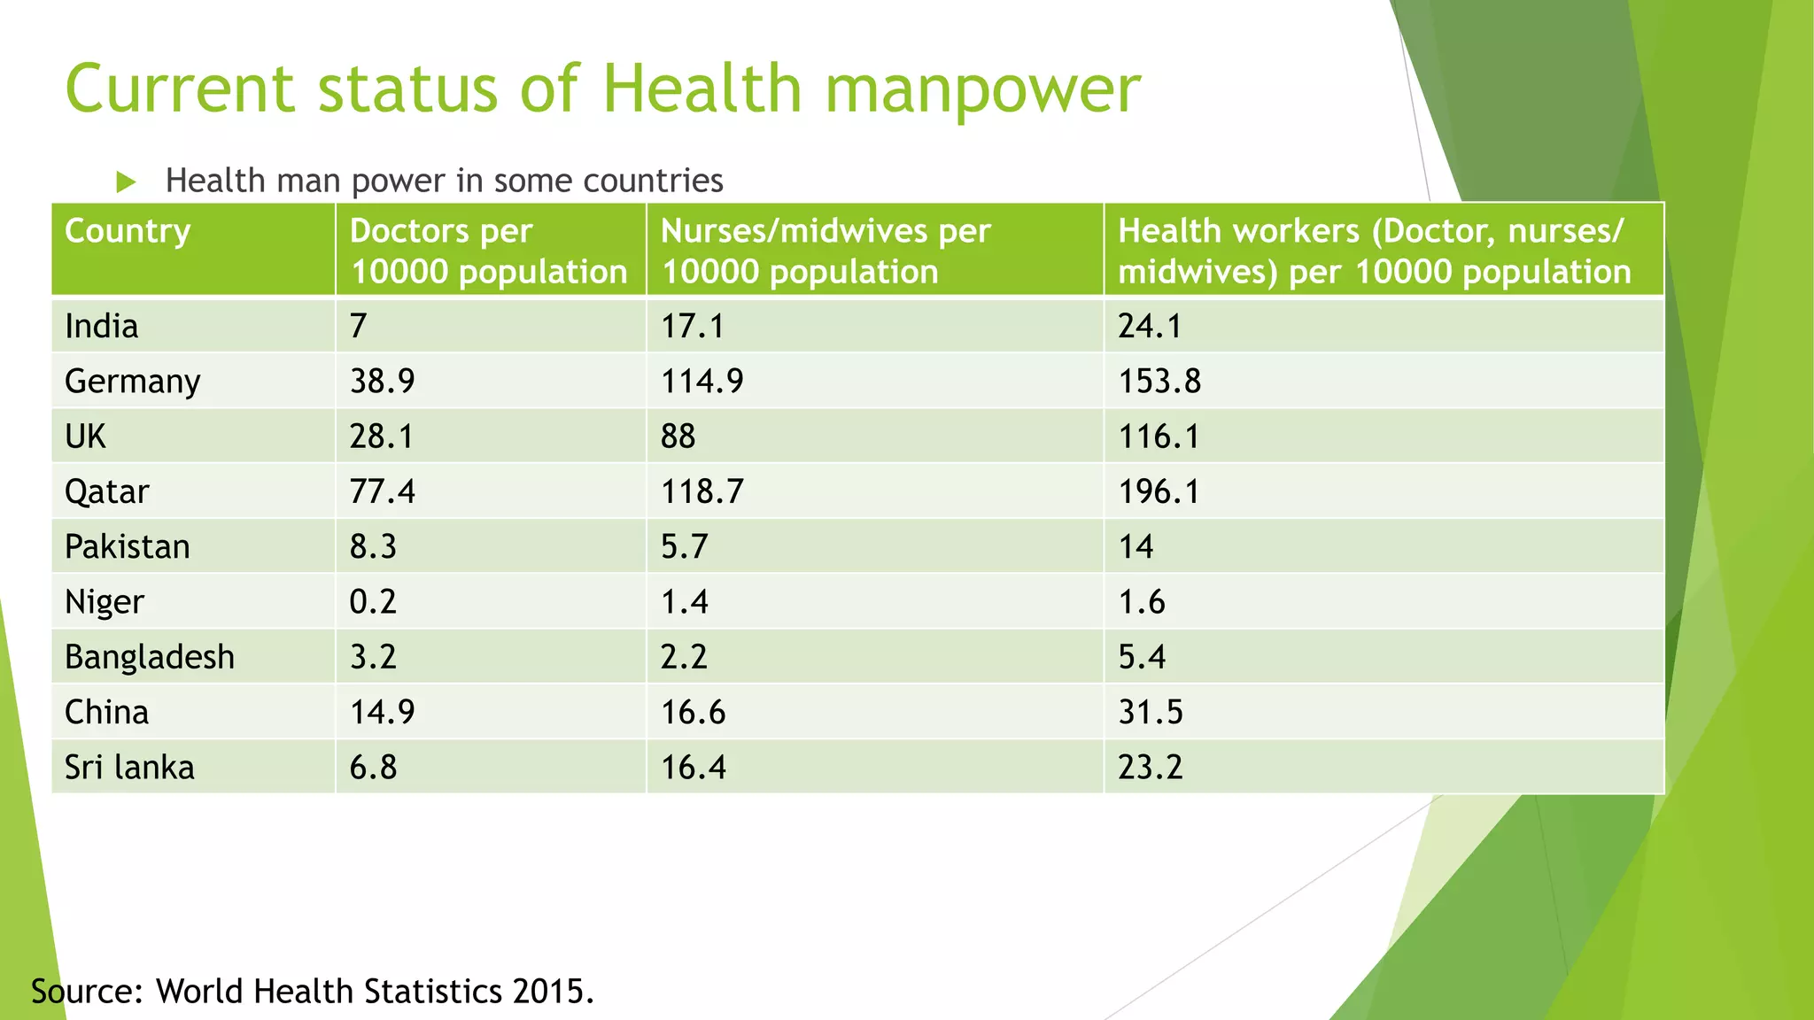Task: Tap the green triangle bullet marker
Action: (x=126, y=182)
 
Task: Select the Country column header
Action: (x=128, y=231)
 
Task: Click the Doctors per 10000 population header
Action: (x=488, y=251)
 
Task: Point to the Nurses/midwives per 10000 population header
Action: (x=825, y=251)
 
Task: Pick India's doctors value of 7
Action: (x=358, y=326)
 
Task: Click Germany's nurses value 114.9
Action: (x=702, y=381)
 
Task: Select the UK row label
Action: (x=85, y=437)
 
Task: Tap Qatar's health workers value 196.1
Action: (x=1159, y=491)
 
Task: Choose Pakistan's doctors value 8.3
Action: (x=373, y=546)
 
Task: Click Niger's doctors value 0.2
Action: (x=373, y=601)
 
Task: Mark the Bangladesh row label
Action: (x=150, y=657)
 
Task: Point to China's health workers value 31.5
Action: (x=1150, y=712)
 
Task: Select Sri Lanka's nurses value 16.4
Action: (x=693, y=767)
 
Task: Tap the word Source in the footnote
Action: (x=86, y=991)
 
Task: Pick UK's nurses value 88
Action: (x=678, y=437)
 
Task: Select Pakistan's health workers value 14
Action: (x=1136, y=546)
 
